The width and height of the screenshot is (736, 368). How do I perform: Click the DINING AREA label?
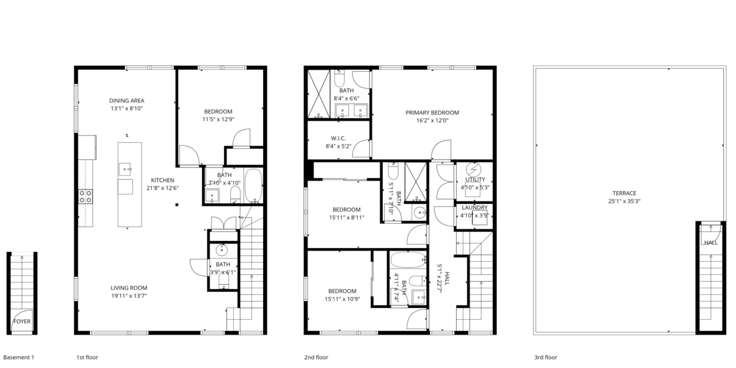pos(126,101)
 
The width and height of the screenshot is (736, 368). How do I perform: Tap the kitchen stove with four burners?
pos(85,196)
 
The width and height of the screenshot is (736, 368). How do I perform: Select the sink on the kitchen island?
pos(126,169)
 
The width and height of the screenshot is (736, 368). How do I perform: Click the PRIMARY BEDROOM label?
pos(432,113)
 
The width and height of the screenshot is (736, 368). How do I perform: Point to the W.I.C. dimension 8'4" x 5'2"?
pos(338,147)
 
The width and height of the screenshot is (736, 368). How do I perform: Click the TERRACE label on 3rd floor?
pos(624,193)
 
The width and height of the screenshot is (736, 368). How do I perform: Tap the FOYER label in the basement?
pos(22,322)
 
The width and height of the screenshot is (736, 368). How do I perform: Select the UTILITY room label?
pos(475,180)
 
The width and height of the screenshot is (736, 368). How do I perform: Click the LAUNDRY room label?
pos(474,208)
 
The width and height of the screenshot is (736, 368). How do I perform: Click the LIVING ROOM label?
pos(129,288)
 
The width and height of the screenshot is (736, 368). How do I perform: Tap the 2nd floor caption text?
pos(316,357)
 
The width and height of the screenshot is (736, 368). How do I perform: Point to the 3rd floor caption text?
pos(546,357)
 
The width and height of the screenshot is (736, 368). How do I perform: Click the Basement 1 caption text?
pos(18,357)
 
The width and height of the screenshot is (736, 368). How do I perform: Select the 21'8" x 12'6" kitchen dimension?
pos(162,188)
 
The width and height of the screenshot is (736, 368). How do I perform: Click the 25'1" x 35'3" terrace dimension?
pos(624,201)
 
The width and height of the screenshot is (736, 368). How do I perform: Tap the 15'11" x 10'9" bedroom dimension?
pos(342,299)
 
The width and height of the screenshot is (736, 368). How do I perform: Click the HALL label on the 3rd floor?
pos(711,242)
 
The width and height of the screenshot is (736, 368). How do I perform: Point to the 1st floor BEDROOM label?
pos(218,112)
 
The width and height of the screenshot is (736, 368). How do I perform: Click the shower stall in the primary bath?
pos(319,94)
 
